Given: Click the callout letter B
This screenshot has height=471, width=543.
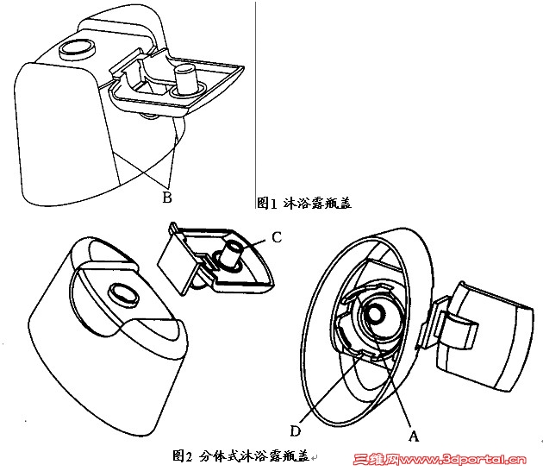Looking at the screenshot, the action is (x=167, y=198).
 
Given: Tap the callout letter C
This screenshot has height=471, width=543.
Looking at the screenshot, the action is (x=277, y=237).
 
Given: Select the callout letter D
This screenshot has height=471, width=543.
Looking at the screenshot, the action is (x=296, y=431).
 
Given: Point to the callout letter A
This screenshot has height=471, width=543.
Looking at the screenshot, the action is (x=414, y=436).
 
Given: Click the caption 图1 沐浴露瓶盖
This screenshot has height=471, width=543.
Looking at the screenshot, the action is (x=304, y=203).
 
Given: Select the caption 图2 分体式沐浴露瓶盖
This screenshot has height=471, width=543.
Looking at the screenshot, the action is (x=240, y=456).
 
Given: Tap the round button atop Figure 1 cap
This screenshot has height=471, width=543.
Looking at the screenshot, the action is (x=77, y=49).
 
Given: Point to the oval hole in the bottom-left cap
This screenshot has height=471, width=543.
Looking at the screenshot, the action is (x=123, y=295).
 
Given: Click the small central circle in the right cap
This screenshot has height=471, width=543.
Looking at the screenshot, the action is (x=376, y=314).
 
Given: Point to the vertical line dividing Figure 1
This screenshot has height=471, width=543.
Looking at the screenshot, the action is (x=256, y=105).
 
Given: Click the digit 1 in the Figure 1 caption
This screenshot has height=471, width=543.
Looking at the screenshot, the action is (x=273, y=204).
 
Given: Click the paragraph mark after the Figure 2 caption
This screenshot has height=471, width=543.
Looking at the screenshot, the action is (x=314, y=458).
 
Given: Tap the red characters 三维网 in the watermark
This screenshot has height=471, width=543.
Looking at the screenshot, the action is (x=377, y=460).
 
